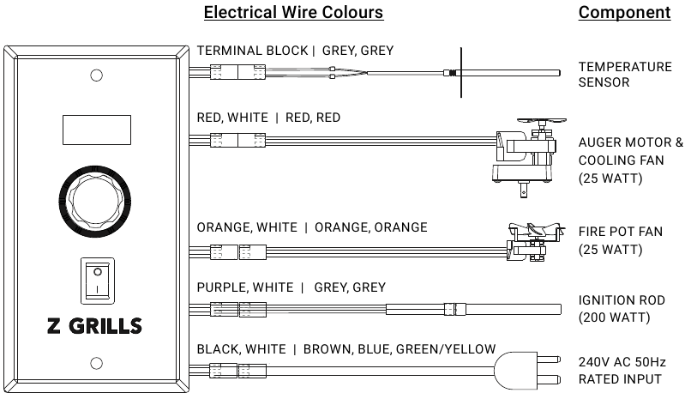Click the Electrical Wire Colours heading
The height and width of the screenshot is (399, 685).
point(293,12)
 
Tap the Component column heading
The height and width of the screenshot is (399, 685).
point(624,12)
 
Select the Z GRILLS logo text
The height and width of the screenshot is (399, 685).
point(94,326)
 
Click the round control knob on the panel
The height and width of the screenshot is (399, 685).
point(95,202)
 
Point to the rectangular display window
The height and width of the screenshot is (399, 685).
point(97,130)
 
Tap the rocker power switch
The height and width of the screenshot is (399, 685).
point(98,281)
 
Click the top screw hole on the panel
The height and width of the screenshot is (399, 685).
point(97,76)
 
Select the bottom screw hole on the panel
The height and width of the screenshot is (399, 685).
point(97,363)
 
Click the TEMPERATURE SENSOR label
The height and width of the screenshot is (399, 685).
point(625,75)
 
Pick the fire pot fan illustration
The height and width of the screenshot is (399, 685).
point(535,243)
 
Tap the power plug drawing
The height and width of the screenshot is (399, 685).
point(527,371)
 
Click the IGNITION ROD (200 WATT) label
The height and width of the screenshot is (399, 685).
point(622,309)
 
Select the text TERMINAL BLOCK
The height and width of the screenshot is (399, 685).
point(253,51)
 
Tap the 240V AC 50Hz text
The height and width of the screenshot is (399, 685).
point(622,362)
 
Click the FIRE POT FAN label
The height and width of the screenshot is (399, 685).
point(621,232)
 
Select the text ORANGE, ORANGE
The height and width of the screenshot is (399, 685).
point(371,227)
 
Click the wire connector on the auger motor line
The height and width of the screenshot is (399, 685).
point(238,140)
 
